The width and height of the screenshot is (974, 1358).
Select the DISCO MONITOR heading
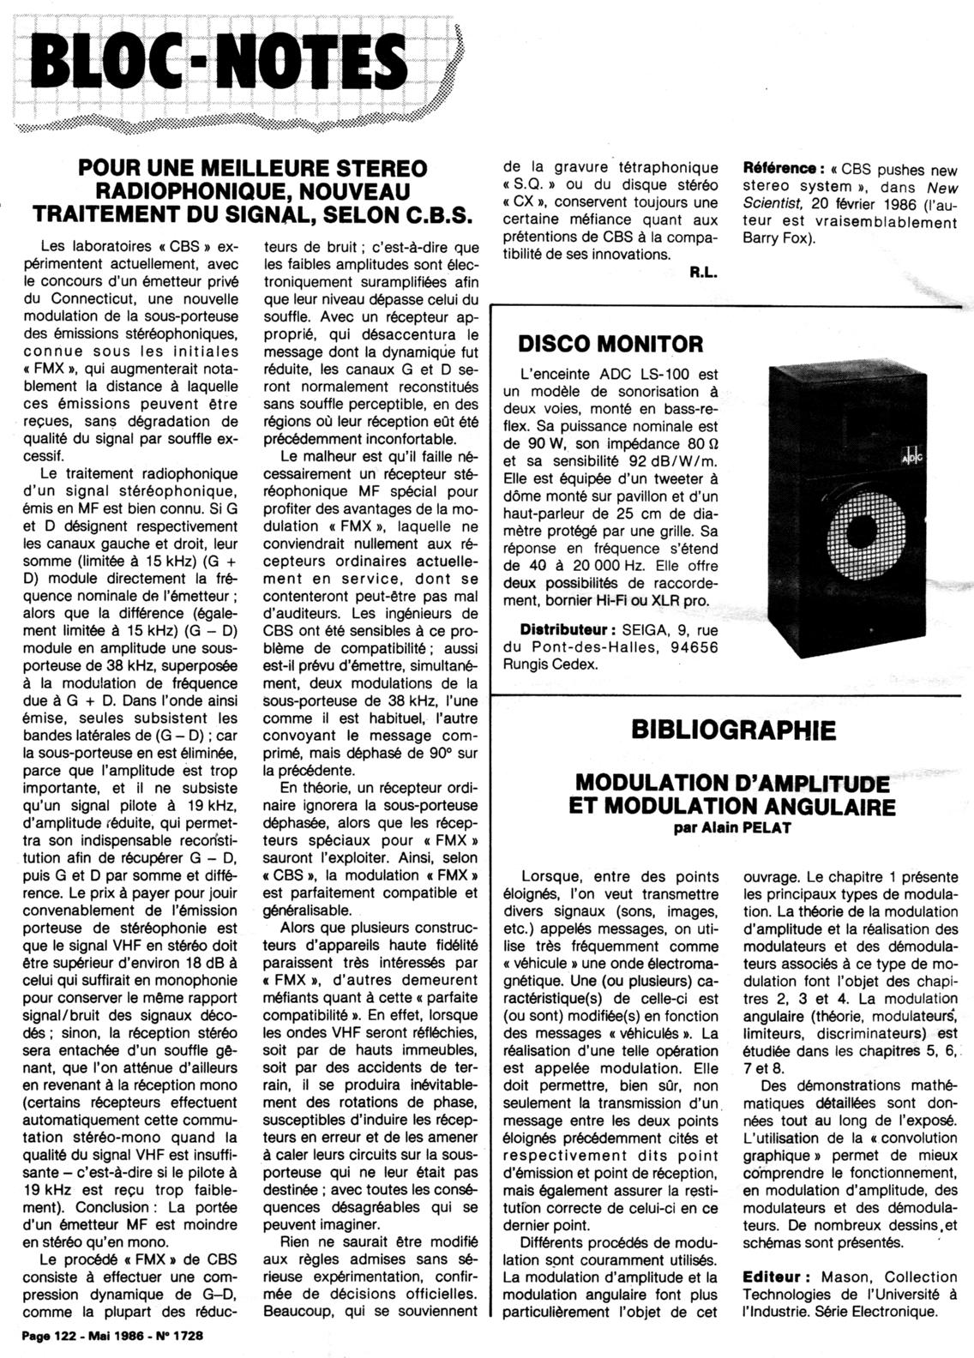pyautogui.click(x=610, y=345)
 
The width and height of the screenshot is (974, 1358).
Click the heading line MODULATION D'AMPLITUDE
pyautogui.click(x=731, y=783)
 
